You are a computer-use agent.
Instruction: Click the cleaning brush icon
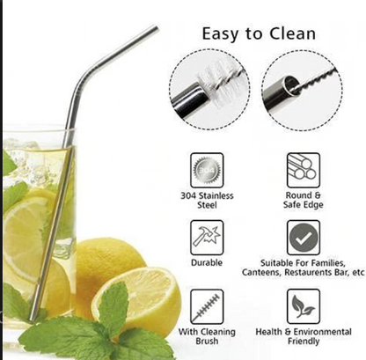pyautogui.click(x=208, y=305)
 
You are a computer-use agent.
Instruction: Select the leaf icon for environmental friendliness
pyautogui.click(x=304, y=305)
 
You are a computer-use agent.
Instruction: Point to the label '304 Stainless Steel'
pyautogui.click(x=208, y=200)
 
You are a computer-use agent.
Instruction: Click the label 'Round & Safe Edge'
pyautogui.click(x=304, y=200)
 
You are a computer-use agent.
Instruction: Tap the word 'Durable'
pyautogui.click(x=208, y=262)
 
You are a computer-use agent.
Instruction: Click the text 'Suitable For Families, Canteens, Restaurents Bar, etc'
pyautogui.click(x=304, y=268)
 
